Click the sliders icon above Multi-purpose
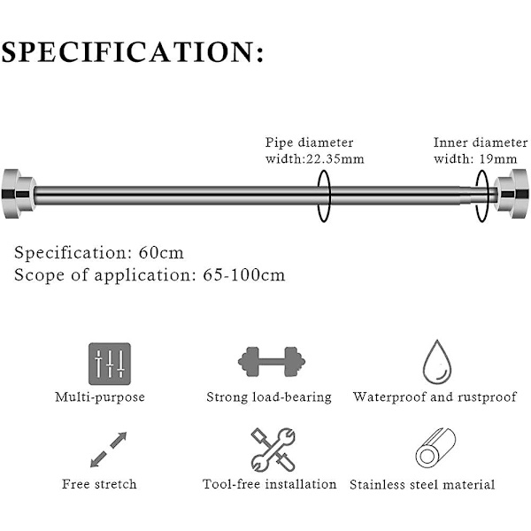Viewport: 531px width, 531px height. pos(109,363)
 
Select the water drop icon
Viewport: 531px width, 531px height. pos(435,360)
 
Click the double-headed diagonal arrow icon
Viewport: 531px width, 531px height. pos(109,450)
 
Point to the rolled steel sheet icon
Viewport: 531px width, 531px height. pos(435,450)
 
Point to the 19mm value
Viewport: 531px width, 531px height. pos(500,159)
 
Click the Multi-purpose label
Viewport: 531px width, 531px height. pos(100,397)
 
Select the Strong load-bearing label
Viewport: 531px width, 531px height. pos(268,397)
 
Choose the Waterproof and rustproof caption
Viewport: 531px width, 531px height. pos(435,396)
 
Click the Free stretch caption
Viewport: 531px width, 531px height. pos(100,484)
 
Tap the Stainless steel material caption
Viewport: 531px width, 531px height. pos(422,484)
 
